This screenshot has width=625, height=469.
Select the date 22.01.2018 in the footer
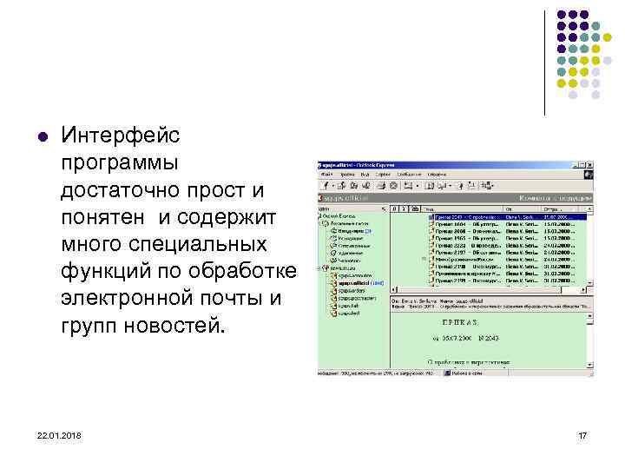[51, 433]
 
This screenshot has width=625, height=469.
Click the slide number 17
[582, 433]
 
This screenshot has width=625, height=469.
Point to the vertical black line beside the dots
[545, 61]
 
